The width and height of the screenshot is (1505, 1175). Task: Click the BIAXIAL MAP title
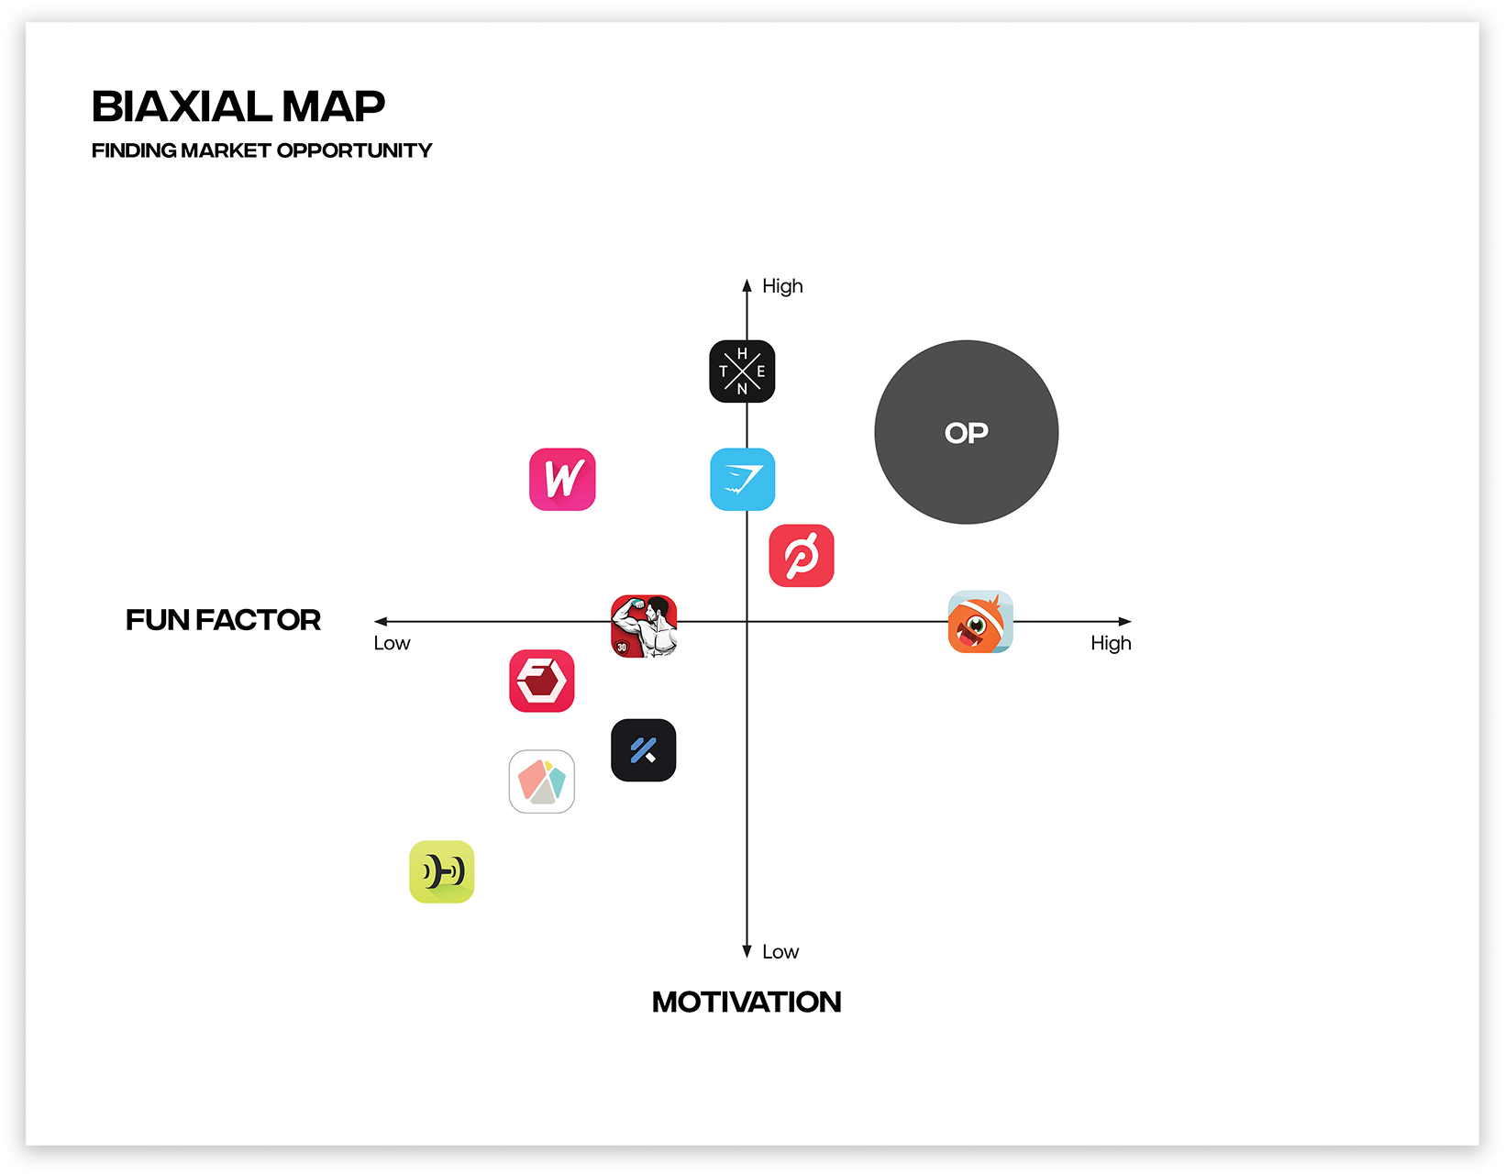tap(238, 106)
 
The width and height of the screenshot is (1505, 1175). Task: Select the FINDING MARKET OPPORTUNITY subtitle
tap(261, 150)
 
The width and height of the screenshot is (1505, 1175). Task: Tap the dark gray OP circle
tap(966, 432)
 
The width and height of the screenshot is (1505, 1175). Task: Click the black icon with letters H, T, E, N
tap(742, 371)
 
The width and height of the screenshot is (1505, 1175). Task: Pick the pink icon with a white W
tap(562, 479)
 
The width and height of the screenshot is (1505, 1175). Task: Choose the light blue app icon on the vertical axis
tap(742, 479)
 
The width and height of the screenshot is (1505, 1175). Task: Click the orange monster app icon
tap(979, 622)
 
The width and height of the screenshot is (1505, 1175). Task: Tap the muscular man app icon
tap(644, 626)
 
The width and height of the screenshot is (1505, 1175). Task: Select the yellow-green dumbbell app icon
tap(442, 871)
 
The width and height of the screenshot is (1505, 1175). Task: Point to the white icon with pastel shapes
tap(542, 781)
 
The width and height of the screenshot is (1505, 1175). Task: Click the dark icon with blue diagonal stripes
tap(644, 750)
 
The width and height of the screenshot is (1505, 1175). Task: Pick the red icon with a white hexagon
tap(542, 681)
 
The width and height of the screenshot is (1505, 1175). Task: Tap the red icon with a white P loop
tap(802, 555)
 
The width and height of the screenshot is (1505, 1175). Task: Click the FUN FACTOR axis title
tap(223, 620)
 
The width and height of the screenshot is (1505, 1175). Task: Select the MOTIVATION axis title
tap(747, 1002)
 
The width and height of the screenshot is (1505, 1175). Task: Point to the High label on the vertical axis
tap(782, 286)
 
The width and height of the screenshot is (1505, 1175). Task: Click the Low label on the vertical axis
tap(780, 952)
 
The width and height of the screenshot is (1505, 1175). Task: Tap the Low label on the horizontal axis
tap(392, 644)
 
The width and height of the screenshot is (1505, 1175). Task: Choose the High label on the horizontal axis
tap(1111, 644)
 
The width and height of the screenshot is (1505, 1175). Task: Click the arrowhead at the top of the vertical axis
tap(747, 285)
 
